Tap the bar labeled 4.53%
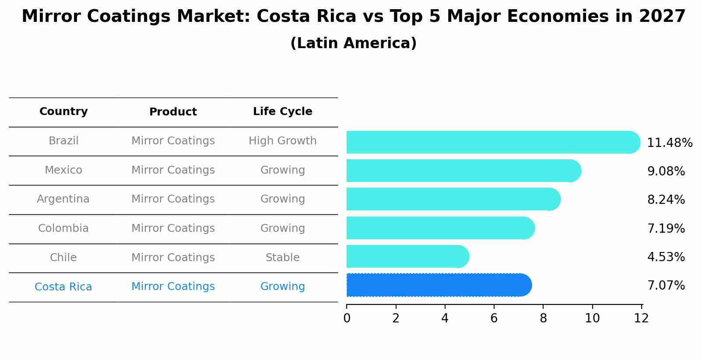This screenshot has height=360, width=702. [407, 256]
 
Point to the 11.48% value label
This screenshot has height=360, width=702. [669, 143]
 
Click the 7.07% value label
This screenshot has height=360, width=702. [666, 286]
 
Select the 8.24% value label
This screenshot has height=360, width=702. [666, 200]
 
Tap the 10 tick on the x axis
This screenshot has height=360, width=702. [592, 318]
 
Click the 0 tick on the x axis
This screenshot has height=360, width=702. [347, 318]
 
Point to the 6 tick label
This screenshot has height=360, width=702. [494, 318]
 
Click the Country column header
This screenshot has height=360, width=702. [63, 112]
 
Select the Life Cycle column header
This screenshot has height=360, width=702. [282, 112]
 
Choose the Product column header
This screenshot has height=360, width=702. [173, 112]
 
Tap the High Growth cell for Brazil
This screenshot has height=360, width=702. [282, 141]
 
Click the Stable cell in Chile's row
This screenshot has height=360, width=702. [282, 258]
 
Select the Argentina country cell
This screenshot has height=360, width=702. [63, 199]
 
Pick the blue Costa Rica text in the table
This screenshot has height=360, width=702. [63, 287]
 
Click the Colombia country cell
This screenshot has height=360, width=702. [63, 228]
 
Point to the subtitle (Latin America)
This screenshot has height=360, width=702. [353, 43]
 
